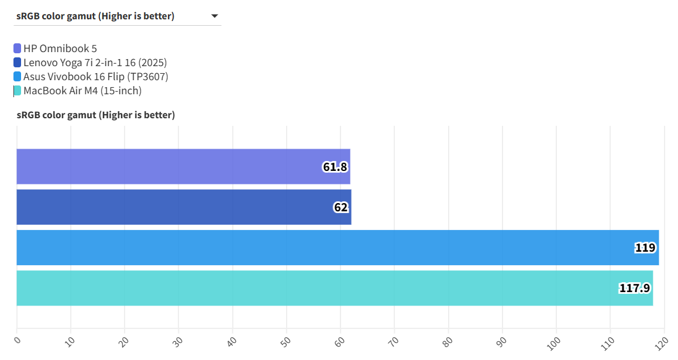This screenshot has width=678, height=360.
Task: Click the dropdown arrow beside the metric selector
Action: click(x=215, y=16)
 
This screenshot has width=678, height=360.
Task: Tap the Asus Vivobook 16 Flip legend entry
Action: click(x=95, y=77)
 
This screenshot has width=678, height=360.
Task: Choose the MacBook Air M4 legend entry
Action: click(x=82, y=91)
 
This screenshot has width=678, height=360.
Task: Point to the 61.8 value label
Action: click(x=335, y=167)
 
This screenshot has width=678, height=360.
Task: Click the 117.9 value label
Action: click(x=635, y=288)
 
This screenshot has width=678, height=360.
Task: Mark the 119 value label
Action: click(x=645, y=248)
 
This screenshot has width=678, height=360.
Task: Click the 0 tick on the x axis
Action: click(x=18, y=340)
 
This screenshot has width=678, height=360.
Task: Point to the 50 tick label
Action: click(x=286, y=340)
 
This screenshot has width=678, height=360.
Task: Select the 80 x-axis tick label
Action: click(x=448, y=340)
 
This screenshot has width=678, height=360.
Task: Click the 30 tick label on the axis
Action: click(x=178, y=340)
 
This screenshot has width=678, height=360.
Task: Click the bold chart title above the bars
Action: click(x=96, y=115)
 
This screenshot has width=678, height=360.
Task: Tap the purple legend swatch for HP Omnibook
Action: click(x=18, y=49)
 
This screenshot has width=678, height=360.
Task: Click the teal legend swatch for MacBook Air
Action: click(x=18, y=91)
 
